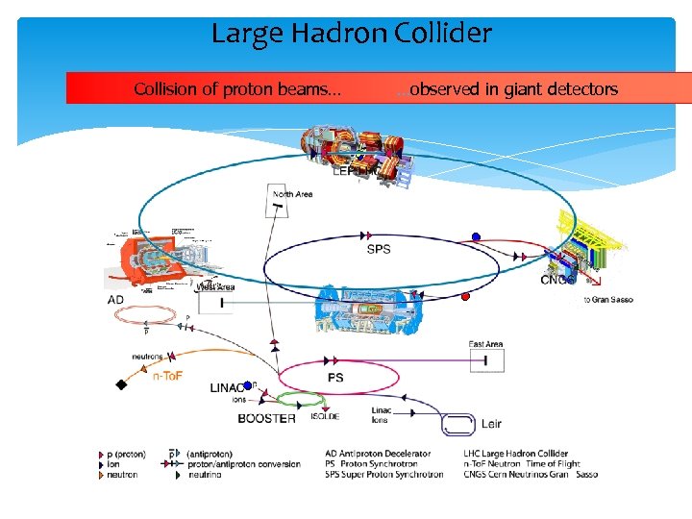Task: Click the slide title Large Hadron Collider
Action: pyautogui.click(x=351, y=35)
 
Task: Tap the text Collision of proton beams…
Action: pyautogui.click(x=236, y=89)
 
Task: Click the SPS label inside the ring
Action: pyautogui.click(x=379, y=250)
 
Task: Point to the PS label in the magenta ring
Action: pyautogui.click(x=335, y=378)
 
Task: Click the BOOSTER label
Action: pyautogui.click(x=266, y=418)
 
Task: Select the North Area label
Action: pyautogui.click(x=290, y=194)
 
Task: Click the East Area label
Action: pyautogui.click(x=485, y=344)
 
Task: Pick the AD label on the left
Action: pyautogui.click(x=115, y=300)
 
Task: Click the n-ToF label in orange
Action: pyautogui.click(x=172, y=377)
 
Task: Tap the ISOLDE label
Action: pyautogui.click(x=324, y=417)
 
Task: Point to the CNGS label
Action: pyautogui.click(x=557, y=281)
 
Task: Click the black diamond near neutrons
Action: pyautogui.click(x=121, y=384)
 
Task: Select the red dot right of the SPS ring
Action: pyautogui.click(x=465, y=296)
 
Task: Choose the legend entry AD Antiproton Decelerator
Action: pyautogui.click(x=377, y=454)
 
